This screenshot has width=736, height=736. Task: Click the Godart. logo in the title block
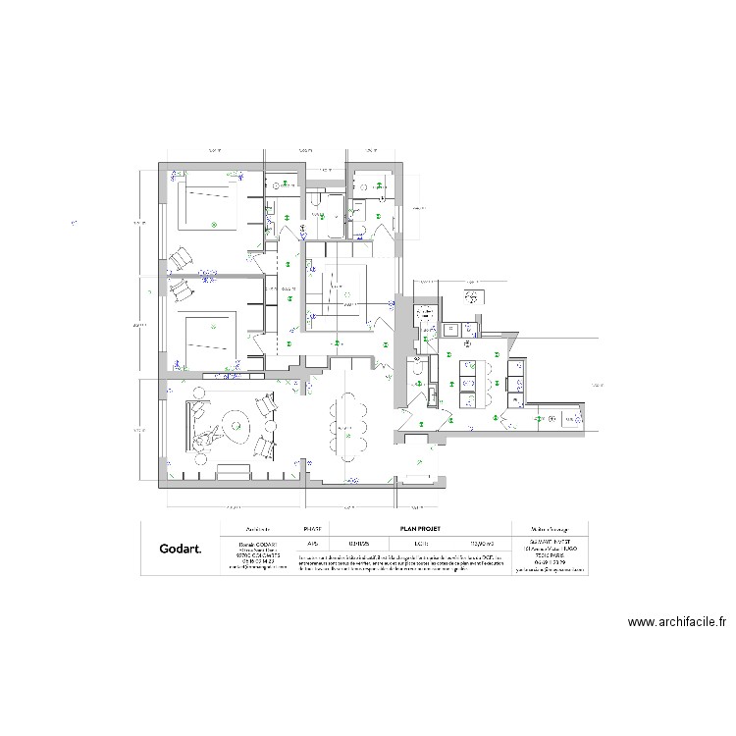pos(181,550)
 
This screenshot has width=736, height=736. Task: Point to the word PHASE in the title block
pos(313,528)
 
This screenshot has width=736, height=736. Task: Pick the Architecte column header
pos(257,528)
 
